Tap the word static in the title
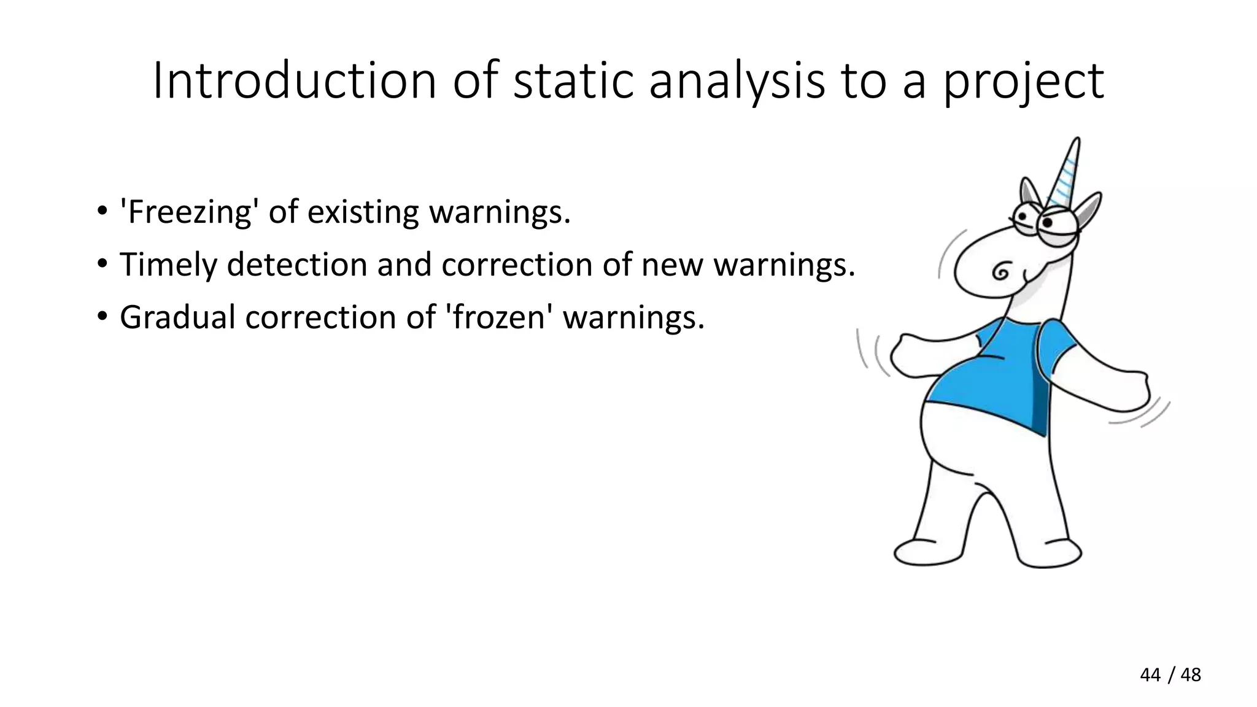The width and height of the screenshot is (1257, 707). (573, 81)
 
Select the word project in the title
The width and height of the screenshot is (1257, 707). (1023, 81)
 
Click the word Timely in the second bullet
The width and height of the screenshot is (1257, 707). (168, 265)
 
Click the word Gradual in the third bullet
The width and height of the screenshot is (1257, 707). (177, 318)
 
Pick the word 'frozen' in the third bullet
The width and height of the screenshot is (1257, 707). (498, 318)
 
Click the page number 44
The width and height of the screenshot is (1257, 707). (1150, 675)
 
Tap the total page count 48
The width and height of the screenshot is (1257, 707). (1191, 675)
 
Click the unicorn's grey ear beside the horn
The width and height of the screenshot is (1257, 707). (1088, 209)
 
